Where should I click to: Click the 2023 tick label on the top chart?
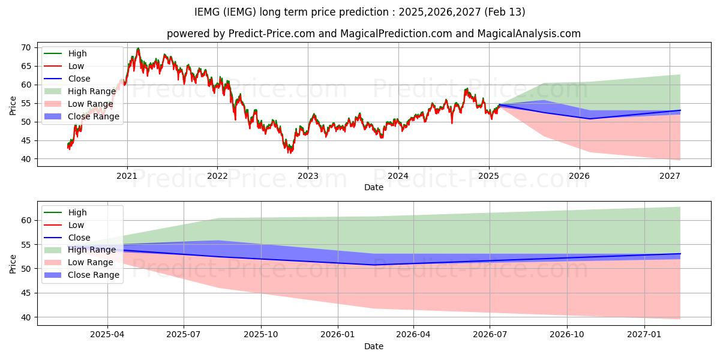pyautogui.click(x=308, y=176)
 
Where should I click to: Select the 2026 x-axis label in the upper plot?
pyautogui.click(x=580, y=176)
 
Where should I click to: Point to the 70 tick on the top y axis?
pyautogui.click(x=26, y=48)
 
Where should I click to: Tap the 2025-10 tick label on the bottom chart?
pyautogui.click(x=261, y=335)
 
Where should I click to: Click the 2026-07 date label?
pyautogui.click(x=490, y=335)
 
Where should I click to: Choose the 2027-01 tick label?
pyautogui.click(x=644, y=335)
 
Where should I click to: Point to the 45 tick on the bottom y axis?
pyautogui.click(x=26, y=293)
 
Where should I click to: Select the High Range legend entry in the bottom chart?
pyautogui.click(x=80, y=250)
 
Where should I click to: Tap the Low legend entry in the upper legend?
pyautogui.click(x=64, y=66)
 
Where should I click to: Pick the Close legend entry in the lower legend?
pyautogui.click(x=67, y=238)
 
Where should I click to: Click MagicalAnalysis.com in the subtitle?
pyautogui.click(x=529, y=34)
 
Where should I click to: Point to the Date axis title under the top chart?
pyautogui.click(x=374, y=187)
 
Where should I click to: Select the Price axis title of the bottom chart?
pyautogui.click(x=13, y=264)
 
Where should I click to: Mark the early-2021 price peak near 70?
pyautogui.click(x=138, y=49)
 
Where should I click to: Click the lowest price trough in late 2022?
pyautogui.click(x=289, y=152)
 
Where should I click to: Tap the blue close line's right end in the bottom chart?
pyautogui.click(x=680, y=254)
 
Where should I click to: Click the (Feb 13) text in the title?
pyautogui.click(x=505, y=12)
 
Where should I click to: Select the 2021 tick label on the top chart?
pyautogui.click(x=127, y=176)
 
